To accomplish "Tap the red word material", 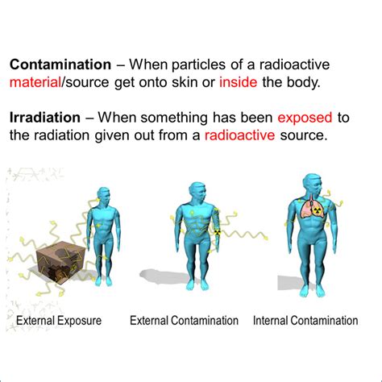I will tap(39, 82).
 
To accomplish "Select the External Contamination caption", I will tap(185, 321).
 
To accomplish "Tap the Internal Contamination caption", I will tap(305, 321).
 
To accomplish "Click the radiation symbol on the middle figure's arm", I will tap(216, 233).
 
